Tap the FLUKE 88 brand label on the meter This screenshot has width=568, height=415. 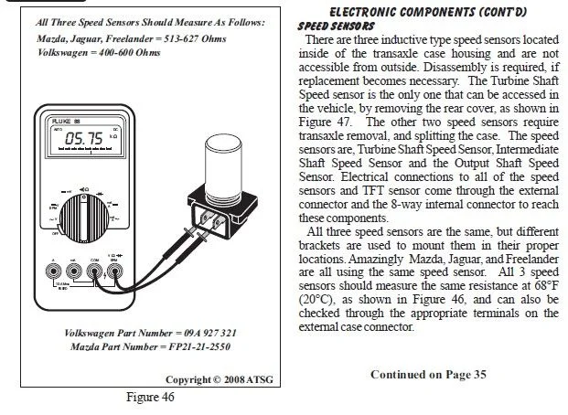pyautogui.click(x=64, y=119)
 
